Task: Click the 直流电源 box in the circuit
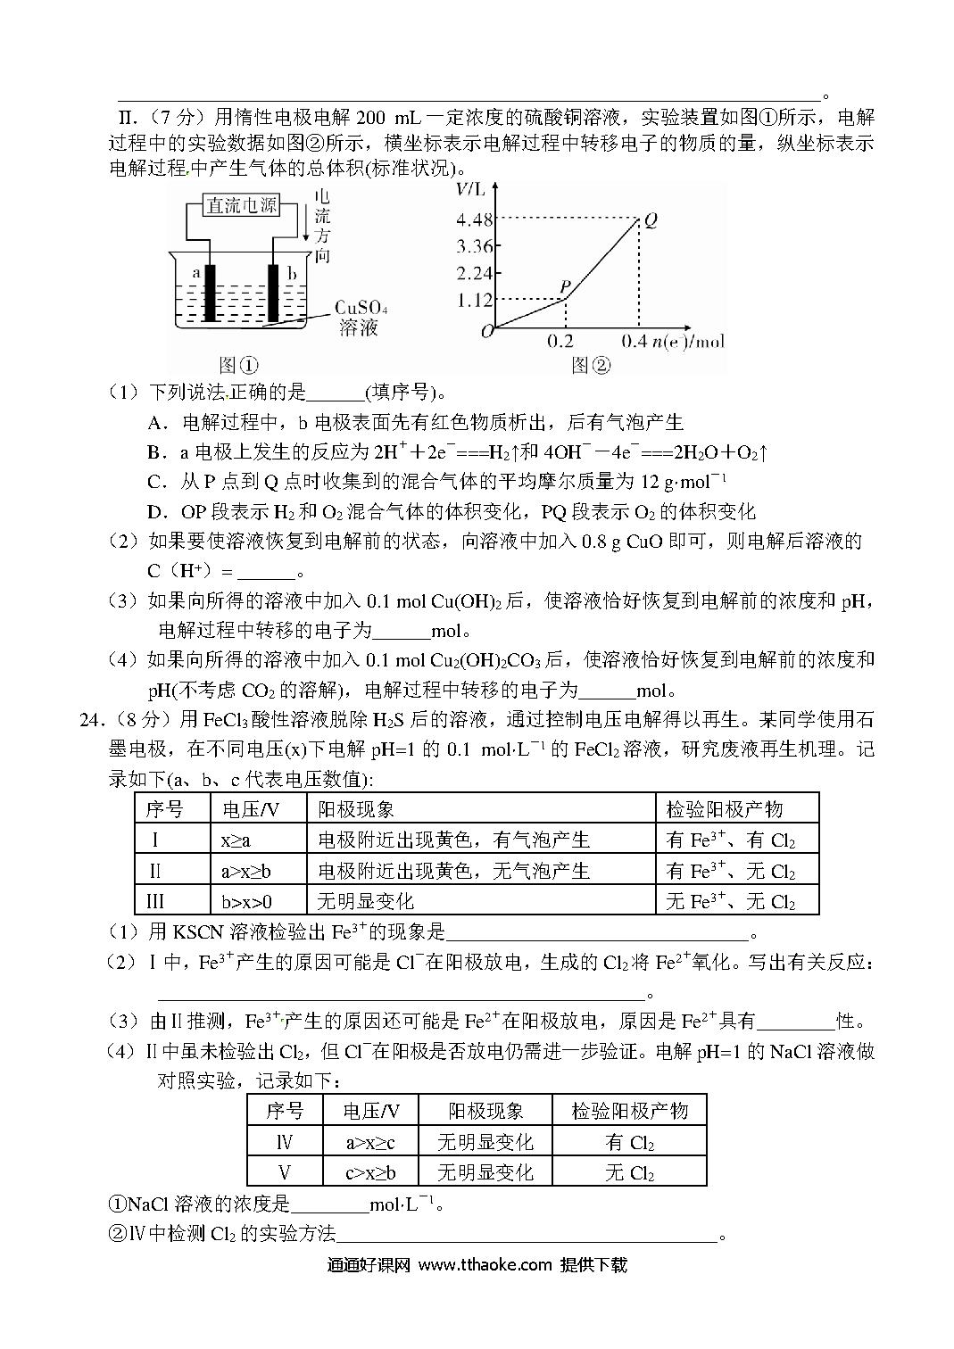241,206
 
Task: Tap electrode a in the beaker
211,294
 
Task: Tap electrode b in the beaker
275,294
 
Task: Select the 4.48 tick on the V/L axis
474,219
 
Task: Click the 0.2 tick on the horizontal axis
560,342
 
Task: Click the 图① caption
238,365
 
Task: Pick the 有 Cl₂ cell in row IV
630,1142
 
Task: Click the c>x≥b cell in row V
371,1172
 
